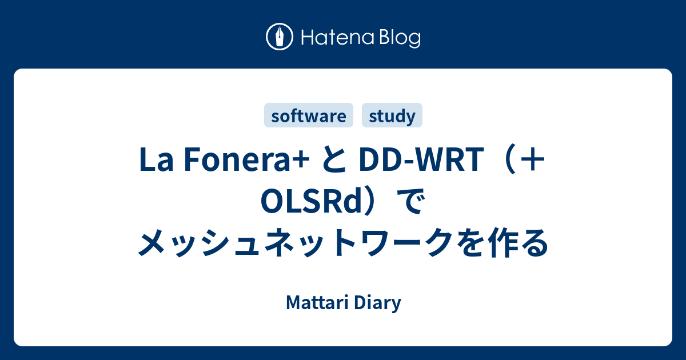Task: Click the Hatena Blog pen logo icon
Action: pyautogui.click(x=280, y=37)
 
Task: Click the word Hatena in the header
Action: pyautogui.click(x=338, y=38)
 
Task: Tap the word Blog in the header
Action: pyautogui.click(x=400, y=39)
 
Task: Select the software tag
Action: pyautogui.click(x=308, y=115)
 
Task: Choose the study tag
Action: pyautogui.click(x=392, y=115)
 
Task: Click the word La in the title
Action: pyautogui.click(x=156, y=159)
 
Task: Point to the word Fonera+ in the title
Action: pyautogui.click(x=246, y=159)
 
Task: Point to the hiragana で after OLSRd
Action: pyautogui.click(x=410, y=201)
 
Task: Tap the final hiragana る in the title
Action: pyautogui.click(x=534, y=243)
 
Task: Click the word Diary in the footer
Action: pyautogui.click(x=378, y=303)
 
